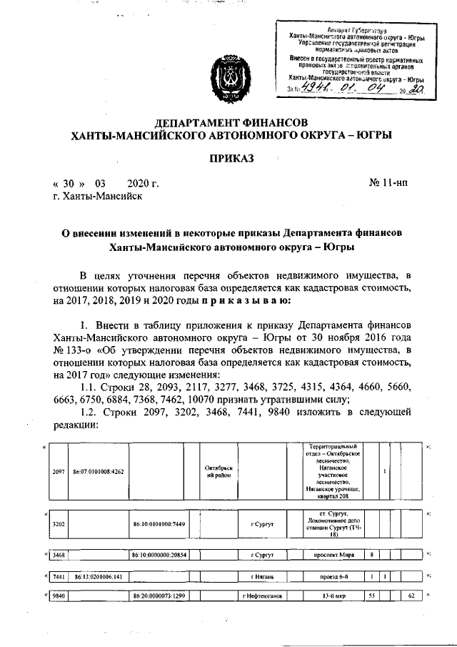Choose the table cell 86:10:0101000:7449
159,523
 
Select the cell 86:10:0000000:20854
159,554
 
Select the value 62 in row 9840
411,596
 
